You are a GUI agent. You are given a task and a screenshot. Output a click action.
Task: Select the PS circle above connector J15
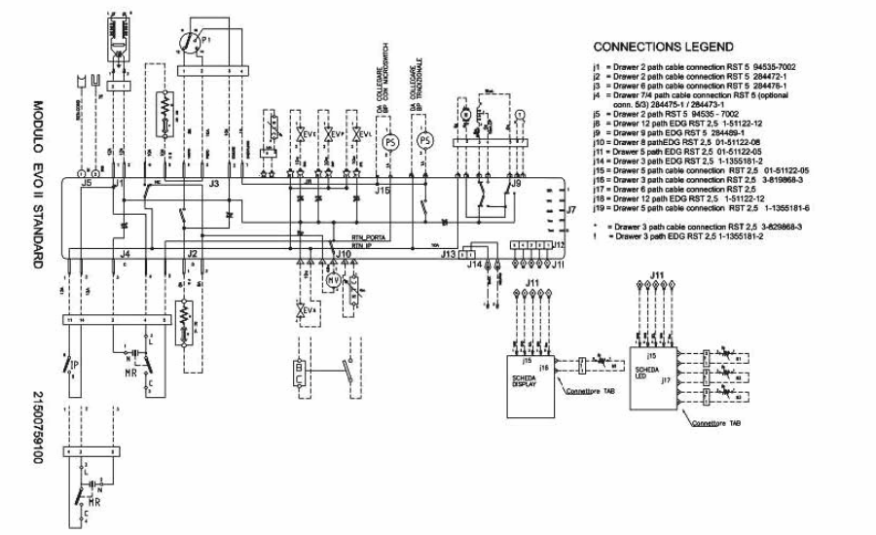(390, 141)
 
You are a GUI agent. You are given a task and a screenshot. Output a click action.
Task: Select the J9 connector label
(515, 183)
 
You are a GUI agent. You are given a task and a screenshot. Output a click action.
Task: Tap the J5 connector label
(87, 182)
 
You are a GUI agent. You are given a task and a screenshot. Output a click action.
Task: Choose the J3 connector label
(213, 182)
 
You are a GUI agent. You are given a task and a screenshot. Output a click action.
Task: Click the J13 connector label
(449, 254)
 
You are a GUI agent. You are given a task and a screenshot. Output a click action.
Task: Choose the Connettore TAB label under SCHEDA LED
(715, 425)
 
